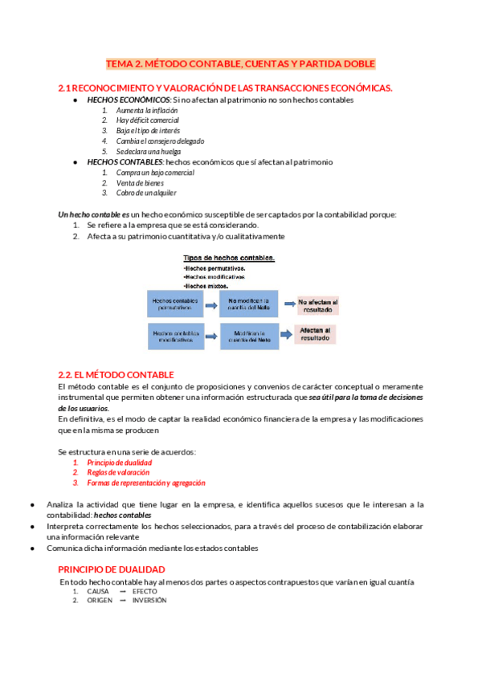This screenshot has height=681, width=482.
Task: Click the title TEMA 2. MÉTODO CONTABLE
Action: tap(241, 63)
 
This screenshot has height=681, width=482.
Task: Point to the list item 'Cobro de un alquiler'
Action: tap(146, 193)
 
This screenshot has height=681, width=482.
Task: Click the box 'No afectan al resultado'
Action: tap(317, 304)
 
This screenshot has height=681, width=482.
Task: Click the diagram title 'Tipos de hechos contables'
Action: tap(230, 258)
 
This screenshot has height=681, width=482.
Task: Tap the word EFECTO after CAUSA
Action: tap(145, 591)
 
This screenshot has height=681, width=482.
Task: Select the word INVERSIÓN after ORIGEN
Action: tap(149, 601)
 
